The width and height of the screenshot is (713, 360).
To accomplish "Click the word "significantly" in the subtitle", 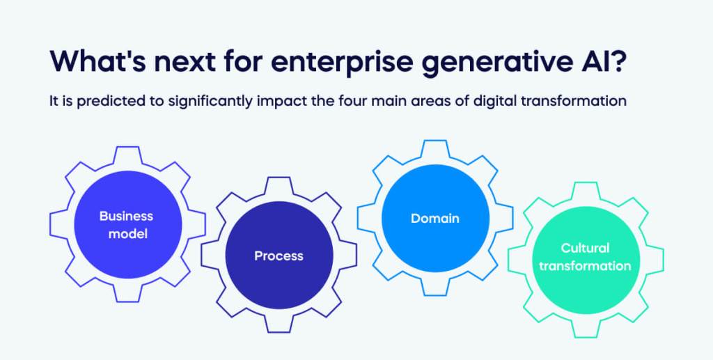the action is click(x=210, y=102).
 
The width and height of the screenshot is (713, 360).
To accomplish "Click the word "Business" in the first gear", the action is click(x=127, y=216).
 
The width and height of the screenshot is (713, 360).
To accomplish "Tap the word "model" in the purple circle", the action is click(x=128, y=235).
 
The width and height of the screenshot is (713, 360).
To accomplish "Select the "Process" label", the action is click(x=279, y=256).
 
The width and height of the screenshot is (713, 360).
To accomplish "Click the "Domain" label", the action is click(x=435, y=219).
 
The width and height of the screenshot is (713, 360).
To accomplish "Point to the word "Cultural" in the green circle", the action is click(x=585, y=248).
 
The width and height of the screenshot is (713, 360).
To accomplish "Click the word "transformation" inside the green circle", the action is click(x=585, y=266).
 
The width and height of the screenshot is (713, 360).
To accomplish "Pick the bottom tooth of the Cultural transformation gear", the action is click(x=586, y=327).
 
